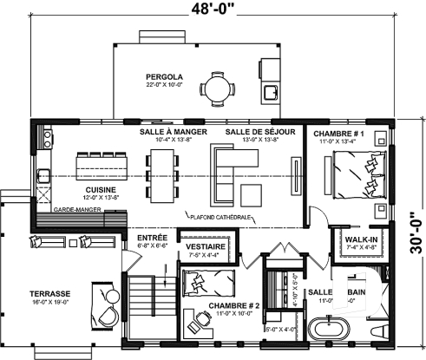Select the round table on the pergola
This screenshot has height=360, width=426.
(213, 87)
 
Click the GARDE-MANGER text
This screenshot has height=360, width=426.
(74, 210)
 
